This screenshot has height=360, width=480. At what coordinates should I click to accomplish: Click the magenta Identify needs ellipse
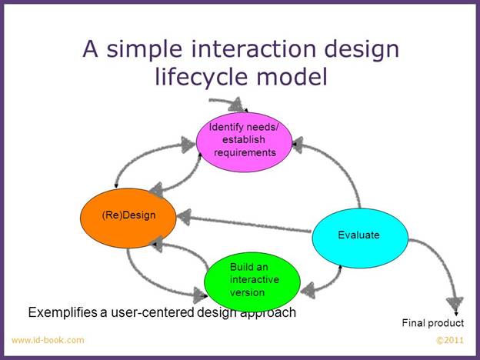(244, 142)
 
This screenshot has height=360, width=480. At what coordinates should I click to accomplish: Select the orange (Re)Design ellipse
(128, 218)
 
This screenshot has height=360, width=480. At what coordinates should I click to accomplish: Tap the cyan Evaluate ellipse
(360, 238)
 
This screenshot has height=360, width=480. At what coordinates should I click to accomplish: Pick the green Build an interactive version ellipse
(252, 282)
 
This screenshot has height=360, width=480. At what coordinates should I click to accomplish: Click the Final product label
(433, 323)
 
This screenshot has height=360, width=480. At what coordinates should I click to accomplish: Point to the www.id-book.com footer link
(48, 340)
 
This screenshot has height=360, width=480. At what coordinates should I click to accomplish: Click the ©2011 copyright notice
(450, 341)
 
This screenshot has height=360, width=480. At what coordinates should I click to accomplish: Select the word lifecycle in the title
(201, 76)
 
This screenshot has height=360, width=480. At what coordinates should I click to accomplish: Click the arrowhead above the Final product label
(455, 304)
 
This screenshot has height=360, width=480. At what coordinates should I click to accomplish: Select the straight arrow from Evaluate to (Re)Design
(244, 224)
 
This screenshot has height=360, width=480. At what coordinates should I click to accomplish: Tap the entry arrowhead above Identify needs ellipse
(236, 105)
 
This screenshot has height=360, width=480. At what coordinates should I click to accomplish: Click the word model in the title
(292, 76)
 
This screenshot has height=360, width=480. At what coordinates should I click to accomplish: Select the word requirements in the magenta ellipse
(245, 153)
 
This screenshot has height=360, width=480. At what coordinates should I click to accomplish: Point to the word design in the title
(362, 49)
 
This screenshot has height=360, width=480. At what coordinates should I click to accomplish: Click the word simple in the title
(144, 50)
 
